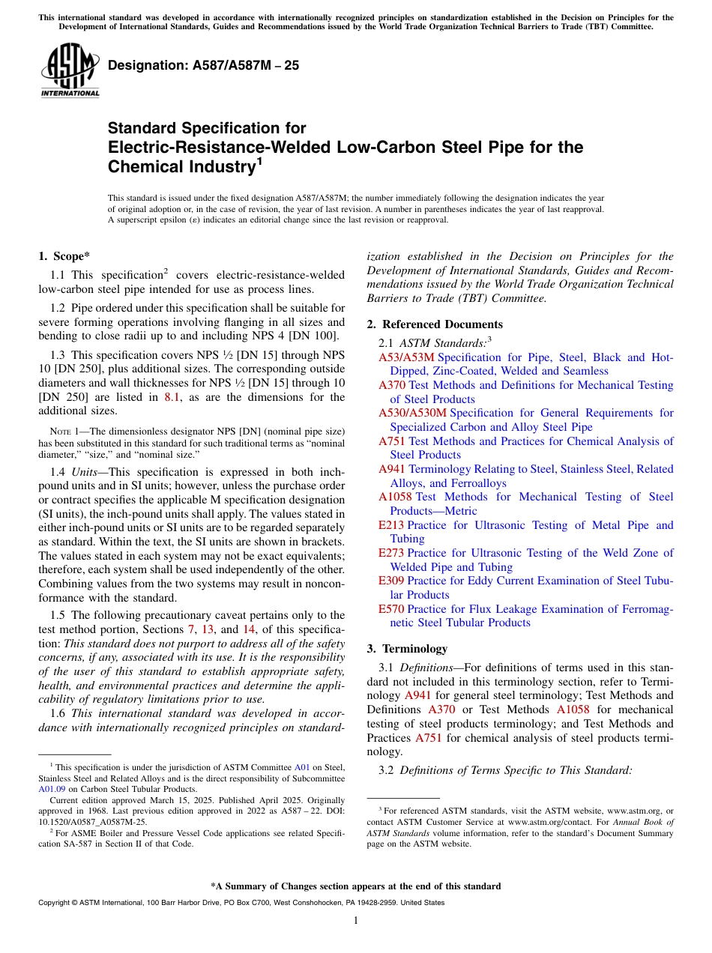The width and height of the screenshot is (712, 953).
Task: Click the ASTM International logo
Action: tap(70, 72)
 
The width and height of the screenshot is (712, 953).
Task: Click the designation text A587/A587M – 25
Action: tap(203, 65)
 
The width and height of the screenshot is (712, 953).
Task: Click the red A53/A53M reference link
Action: tap(406, 357)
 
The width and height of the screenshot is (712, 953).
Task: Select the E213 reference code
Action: tap(390, 525)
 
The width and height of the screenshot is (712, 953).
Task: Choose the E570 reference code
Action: tap(390, 609)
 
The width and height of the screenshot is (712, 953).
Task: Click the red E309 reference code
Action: tap(390, 581)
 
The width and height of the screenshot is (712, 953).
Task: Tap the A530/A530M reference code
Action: tap(412, 413)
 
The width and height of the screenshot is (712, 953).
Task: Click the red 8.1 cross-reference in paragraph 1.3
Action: tap(172, 397)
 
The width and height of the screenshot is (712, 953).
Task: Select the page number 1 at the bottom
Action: tap(356, 920)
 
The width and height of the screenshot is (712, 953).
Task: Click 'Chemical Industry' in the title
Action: tap(181, 166)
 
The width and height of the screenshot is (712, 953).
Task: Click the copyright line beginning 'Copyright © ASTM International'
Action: tap(241, 903)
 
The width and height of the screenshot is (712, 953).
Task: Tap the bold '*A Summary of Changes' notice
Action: tap(355, 886)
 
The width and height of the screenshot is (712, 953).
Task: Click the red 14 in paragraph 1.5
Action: tap(249, 629)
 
